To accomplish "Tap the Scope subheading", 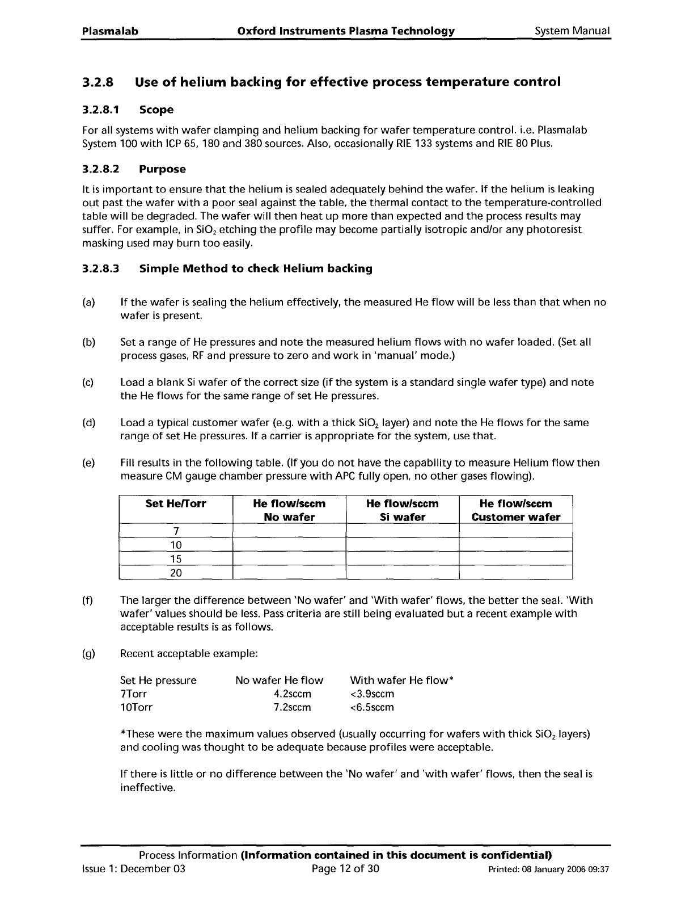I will coord(156,110).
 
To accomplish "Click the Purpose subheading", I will coord(162,169).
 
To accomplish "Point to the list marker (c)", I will coord(88,383).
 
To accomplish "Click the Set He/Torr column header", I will coord(176,504).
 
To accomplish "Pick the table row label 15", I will coord(176,558).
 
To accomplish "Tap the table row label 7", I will coord(176,531).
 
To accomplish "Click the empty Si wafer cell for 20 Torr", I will coord(402,573).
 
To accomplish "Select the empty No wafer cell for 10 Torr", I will coord(289,545).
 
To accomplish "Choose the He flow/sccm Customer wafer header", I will coord(515,510).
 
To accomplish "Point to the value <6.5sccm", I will coord(372,708).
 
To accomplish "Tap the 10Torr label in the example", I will coord(136,708).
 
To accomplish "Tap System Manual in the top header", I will coord(573,31).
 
